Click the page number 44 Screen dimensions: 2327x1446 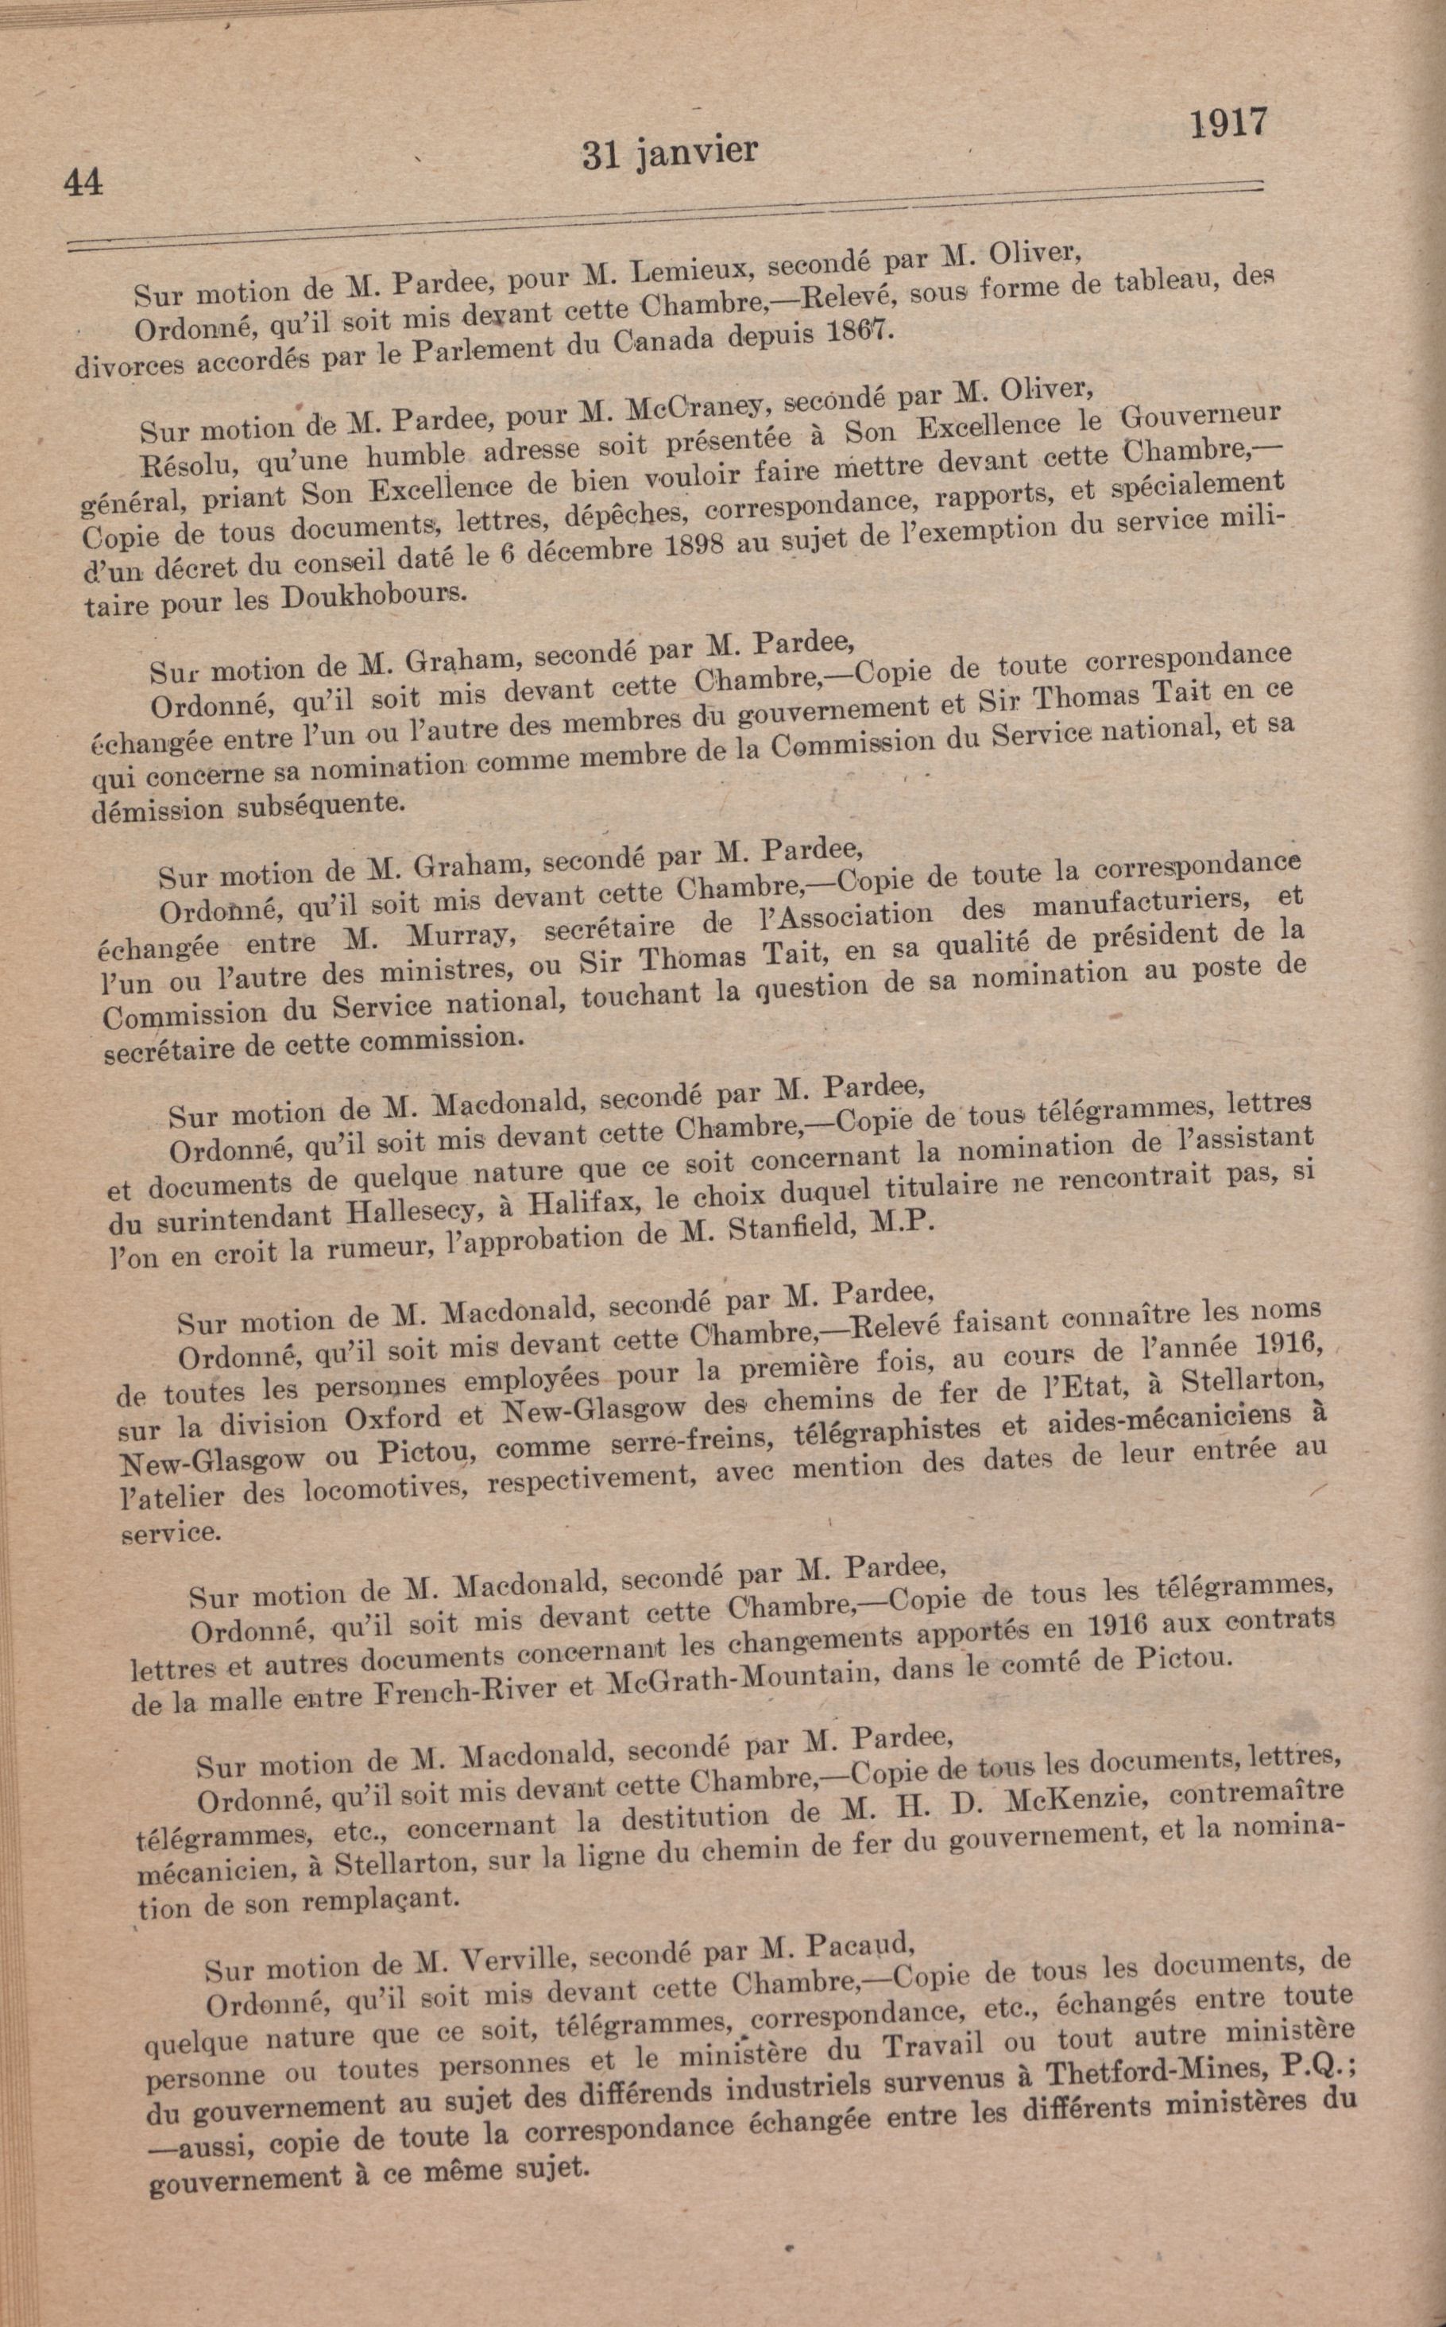(x=84, y=182)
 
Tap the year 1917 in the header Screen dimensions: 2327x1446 (x=1228, y=123)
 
